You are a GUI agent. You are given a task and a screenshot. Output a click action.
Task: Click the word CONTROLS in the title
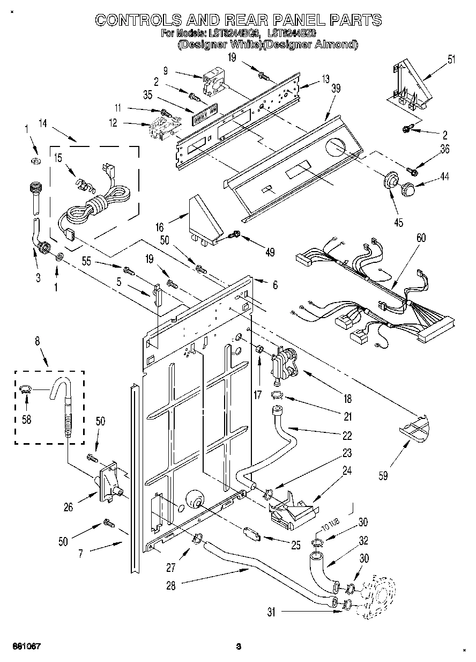click(137, 20)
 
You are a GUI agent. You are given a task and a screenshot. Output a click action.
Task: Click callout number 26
click(68, 507)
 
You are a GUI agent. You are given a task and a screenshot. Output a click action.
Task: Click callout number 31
click(271, 612)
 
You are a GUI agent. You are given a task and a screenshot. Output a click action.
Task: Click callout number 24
click(347, 471)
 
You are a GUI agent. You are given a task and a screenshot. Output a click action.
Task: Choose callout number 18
click(348, 399)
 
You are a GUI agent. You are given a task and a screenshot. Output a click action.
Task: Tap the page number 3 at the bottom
click(239, 646)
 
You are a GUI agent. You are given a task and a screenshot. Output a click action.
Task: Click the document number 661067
click(24, 646)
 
